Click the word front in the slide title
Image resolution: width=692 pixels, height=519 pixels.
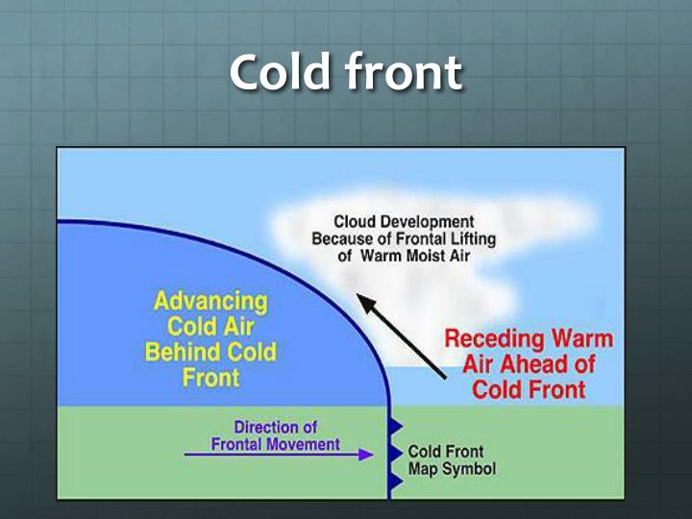click(408, 73)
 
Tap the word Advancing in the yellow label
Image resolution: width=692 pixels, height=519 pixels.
click(210, 302)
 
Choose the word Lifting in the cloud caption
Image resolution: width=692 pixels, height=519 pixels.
click(452, 239)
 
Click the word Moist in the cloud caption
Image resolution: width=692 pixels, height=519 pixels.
click(417, 257)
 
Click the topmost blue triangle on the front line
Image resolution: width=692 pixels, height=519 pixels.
click(394, 422)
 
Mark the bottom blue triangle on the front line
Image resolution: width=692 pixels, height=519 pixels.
click(394, 480)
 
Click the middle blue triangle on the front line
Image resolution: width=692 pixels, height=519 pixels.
click(394, 451)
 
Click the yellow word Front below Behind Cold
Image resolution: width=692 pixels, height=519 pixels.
click(210, 377)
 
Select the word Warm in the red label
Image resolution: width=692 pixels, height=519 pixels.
click(574, 340)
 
